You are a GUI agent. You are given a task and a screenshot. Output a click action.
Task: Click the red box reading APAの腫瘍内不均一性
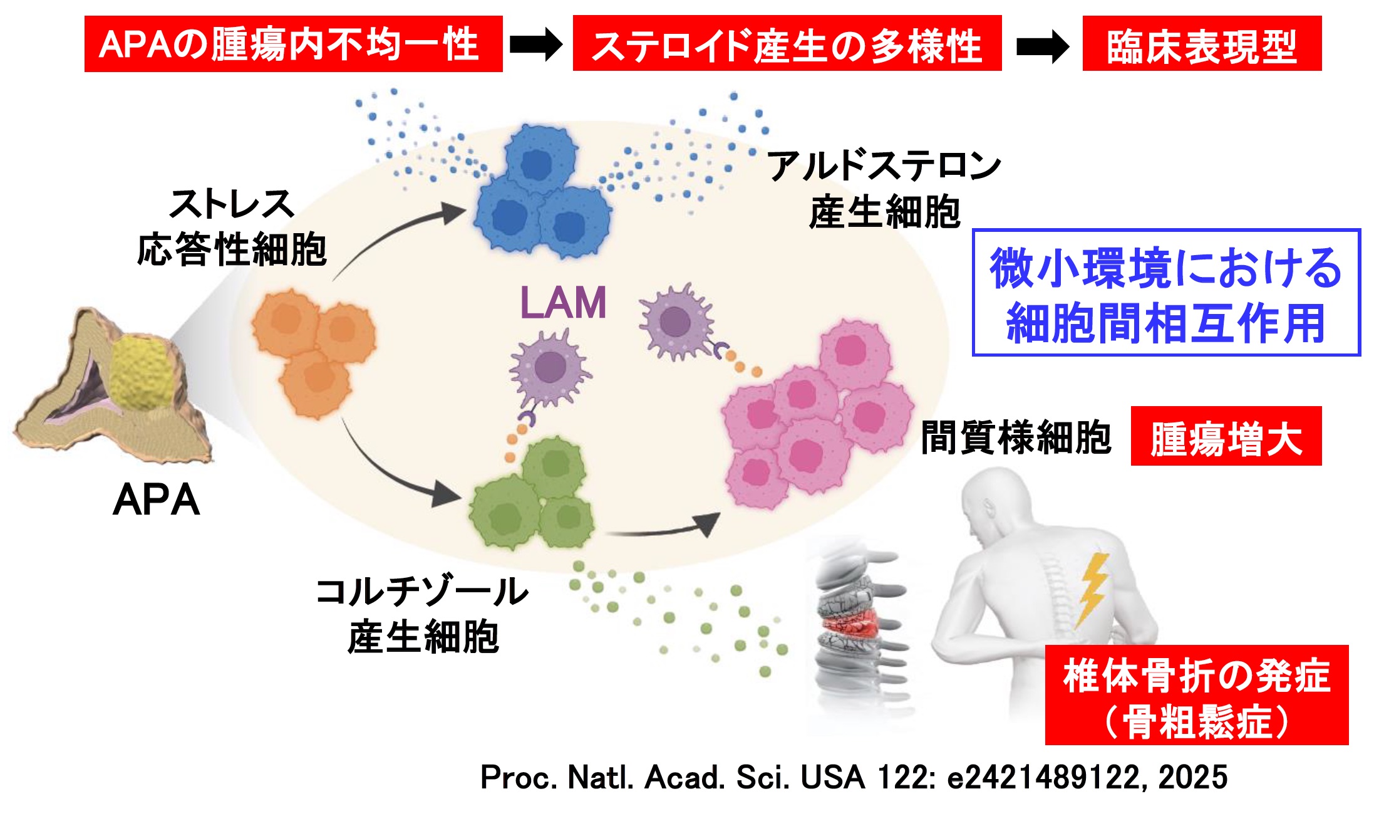pyautogui.click(x=293, y=44)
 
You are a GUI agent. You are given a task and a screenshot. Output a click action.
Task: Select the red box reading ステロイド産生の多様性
pyautogui.click(x=787, y=44)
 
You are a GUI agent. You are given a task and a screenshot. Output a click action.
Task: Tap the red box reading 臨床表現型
pyautogui.click(x=1201, y=44)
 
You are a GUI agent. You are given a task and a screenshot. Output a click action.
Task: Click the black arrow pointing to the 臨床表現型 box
pyautogui.click(x=1042, y=46)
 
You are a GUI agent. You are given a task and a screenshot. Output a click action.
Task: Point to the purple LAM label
pyautogui.click(x=562, y=303)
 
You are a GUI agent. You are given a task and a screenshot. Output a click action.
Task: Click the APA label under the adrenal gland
pyautogui.click(x=157, y=500)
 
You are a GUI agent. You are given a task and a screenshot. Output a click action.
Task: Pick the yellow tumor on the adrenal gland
pyautogui.click(x=141, y=372)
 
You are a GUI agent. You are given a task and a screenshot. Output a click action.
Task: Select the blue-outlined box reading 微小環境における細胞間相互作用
pyautogui.click(x=1165, y=293)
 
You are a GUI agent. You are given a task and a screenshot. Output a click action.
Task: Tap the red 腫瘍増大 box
pyautogui.click(x=1226, y=437)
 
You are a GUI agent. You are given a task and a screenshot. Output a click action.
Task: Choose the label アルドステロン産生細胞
pyautogui.click(x=884, y=189)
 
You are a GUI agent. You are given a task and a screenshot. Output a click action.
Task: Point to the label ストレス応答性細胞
pyautogui.click(x=232, y=227)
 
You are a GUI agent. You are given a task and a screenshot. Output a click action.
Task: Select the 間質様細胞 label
pyautogui.click(x=1016, y=437)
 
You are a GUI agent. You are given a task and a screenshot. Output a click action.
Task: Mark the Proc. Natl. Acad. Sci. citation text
pyautogui.click(x=853, y=777)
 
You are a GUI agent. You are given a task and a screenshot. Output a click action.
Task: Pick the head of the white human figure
pyautogui.click(x=989, y=501)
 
